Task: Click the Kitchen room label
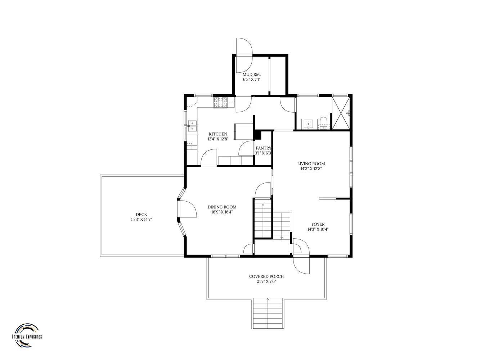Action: [x=218, y=134]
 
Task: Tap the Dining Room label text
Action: [x=222, y=207]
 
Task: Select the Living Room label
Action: [x=311, y=163]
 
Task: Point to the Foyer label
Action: [x=318, y=224]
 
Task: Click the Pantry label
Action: [x=263, y=148]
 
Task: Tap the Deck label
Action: [x=141, y=215]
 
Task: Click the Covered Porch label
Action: [x=266, y=276]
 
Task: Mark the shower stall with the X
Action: [x=341, y=113]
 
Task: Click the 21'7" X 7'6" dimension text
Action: [x=266, y=282]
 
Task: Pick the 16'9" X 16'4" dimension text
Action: [x=222, y=212]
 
